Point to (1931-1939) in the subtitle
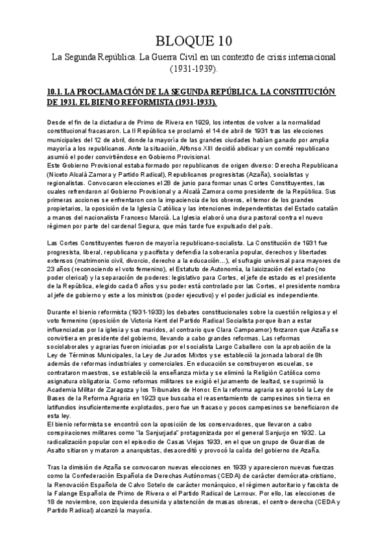pos(194,69)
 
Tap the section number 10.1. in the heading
pos(51,91)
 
